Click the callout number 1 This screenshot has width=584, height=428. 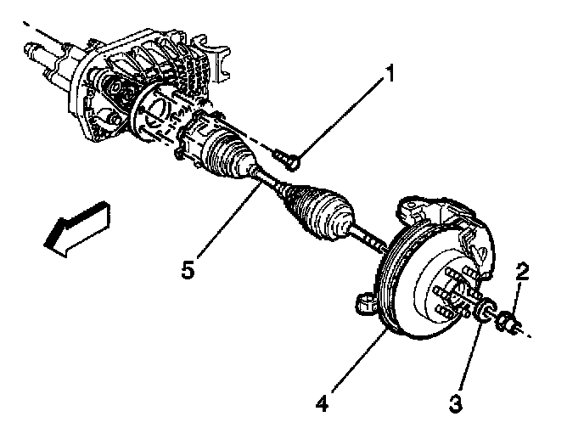point(390,75)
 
